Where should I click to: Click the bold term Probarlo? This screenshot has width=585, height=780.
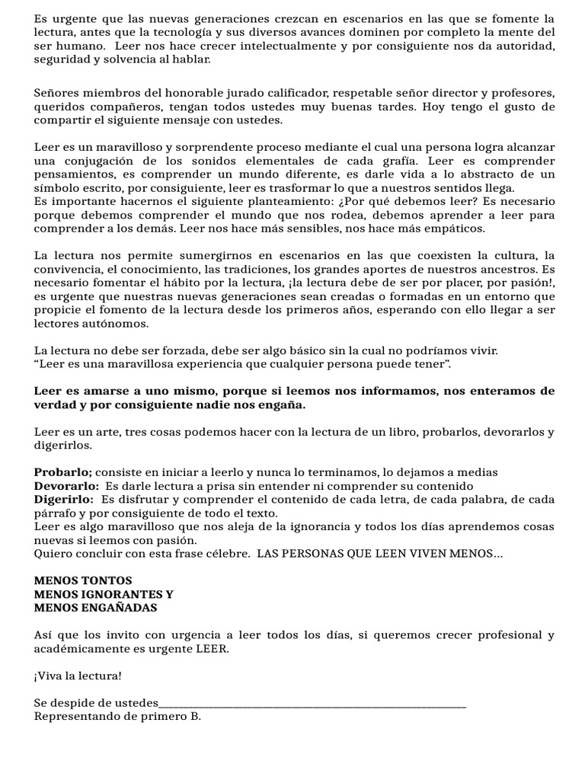pos(63,472)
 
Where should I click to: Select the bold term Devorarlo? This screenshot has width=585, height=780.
pos(66,485)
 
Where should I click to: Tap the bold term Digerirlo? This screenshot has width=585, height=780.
pos(64,499)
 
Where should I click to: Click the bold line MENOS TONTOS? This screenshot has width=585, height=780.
pos(84,580)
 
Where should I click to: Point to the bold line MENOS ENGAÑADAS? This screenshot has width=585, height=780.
pos(96,608)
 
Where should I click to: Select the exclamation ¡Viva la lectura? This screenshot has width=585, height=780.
pos(78,676)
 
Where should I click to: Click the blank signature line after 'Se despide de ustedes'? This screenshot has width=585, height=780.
pos(312,703)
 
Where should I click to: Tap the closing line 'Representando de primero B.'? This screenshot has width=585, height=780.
pos(117,717)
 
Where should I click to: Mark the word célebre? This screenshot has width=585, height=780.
pos(225,554)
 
